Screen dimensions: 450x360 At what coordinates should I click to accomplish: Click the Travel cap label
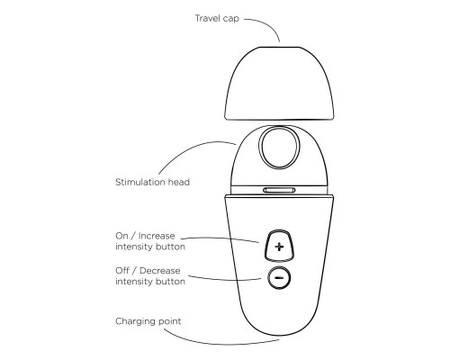pos(217,19)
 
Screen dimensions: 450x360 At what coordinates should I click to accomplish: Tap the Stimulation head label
pos(152,182)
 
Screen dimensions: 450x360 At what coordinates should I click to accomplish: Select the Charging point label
pos(148,321)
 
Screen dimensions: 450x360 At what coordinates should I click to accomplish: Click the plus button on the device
pos(279,246)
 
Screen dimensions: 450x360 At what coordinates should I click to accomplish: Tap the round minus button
pos(279,277)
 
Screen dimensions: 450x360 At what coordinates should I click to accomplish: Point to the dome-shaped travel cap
pos(279,84)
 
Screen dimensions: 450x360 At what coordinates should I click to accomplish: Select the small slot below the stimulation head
pos(279,190)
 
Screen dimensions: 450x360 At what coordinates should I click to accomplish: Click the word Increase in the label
pos(157,236)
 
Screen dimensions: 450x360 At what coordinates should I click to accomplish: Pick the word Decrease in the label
pos(160,271)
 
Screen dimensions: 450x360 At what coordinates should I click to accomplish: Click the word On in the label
pos(121,236)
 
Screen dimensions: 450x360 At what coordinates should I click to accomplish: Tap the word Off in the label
pos(122,271)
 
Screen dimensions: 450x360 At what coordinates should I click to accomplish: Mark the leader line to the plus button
pos(220,238)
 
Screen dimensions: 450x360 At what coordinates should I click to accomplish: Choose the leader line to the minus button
pos(224,280)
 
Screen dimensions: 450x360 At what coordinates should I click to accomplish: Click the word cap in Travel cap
pos(230,19)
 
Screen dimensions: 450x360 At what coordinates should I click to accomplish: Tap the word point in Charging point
pos(169,321)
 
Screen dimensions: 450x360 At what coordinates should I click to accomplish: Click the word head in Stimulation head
pos(178,182)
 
